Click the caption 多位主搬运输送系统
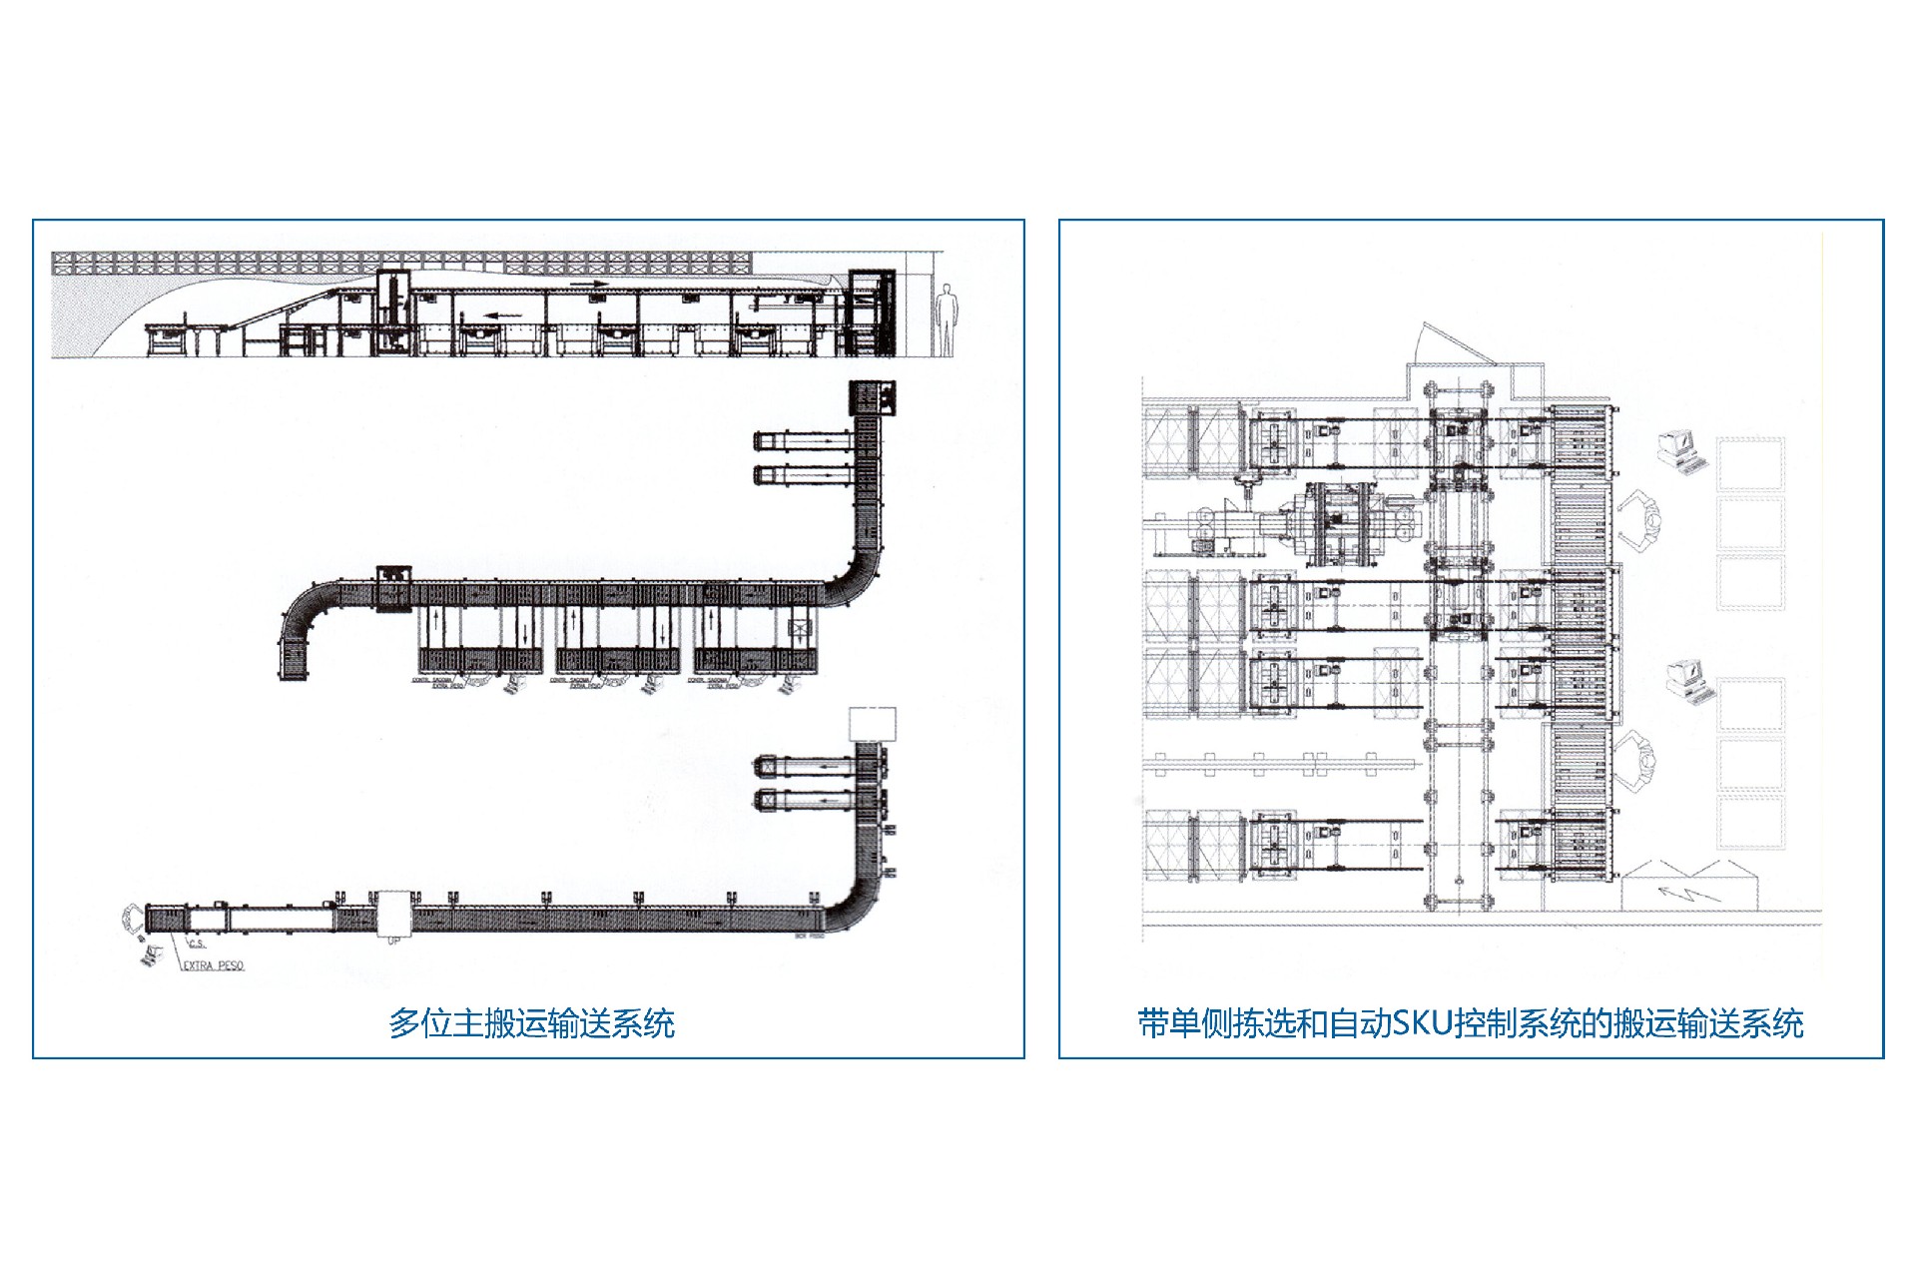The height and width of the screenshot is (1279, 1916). pos(531,1023)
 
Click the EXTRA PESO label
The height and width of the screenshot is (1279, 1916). pos(213,965)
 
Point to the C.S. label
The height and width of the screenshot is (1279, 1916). pos(197,944)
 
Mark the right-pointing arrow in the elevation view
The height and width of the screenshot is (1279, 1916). pos(589,284)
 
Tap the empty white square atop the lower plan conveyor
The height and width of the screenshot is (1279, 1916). pos(872,723)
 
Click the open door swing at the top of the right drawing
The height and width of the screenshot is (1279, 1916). pos(1449,345)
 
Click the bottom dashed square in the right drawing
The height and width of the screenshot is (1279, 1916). pos(1750,824)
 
